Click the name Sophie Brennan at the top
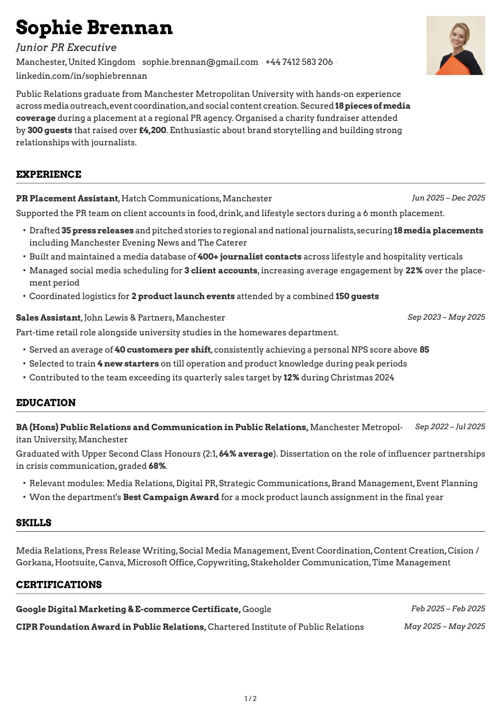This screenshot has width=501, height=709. click(94, 28)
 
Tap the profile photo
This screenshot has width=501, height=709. click(456, 45)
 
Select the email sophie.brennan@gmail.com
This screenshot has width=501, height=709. click(200, 62)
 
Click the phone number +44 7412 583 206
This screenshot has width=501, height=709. click(299, 62)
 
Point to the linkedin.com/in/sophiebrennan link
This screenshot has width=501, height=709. click(81, 76)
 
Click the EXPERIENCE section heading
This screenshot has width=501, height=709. click(48, 174)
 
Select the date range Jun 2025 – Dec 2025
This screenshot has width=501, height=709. click(448, 198)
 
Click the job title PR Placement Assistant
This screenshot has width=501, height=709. click(67, 198)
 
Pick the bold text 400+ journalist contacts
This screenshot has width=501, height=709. click(250, 257)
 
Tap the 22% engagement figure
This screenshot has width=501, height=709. click(414, 270)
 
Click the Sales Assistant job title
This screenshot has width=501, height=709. click(48, 318)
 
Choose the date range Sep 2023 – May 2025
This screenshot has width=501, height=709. click(446, 317)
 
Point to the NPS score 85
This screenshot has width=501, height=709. click(424, 350)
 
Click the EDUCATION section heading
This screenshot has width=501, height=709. click(46, 403)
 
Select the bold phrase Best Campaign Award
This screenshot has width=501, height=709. click(171, 497)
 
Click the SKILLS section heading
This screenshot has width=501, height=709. click(34, 523)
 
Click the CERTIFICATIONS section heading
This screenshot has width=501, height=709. click(59, 585)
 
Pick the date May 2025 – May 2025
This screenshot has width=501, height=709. click(445, 626)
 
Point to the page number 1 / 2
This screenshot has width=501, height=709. click(250, 698)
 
